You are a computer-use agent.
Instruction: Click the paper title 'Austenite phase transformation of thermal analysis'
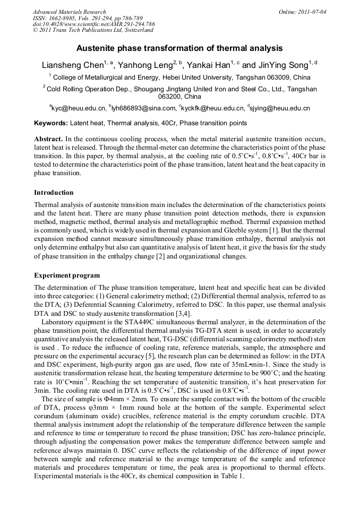(179, 48)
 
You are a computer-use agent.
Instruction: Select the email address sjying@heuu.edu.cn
(280, 108)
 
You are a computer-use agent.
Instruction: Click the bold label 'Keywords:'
(51, 123)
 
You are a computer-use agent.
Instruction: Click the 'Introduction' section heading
(54, 193)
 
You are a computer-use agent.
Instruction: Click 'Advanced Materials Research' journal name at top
(69, 11)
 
